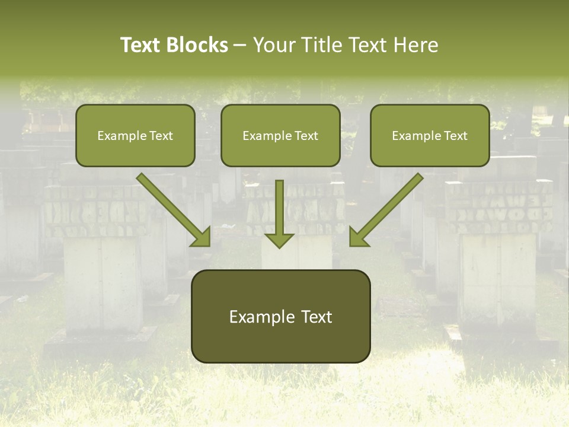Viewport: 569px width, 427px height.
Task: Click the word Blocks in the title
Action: (x=198, y=45)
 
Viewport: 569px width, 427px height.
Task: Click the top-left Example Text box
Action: (x=135, y=135)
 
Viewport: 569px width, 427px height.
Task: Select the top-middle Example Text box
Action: (x=280, y=135)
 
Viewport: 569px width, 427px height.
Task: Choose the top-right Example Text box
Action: (x=430, y=135)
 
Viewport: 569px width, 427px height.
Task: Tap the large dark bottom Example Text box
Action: (x=280, y=316)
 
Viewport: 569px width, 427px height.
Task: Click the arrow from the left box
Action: (x=172, y=208)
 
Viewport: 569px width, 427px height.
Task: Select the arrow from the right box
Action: (x=388, y=208)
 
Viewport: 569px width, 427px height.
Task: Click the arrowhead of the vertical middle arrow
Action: (x=279, y=240)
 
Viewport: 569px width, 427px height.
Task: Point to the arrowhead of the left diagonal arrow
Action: (x=202, y=237)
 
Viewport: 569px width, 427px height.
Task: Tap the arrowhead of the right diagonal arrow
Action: (x=358, y=237)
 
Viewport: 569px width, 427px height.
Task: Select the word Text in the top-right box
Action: (x=456, y=136)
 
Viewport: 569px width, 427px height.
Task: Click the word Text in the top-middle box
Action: (x=306, y=136)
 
